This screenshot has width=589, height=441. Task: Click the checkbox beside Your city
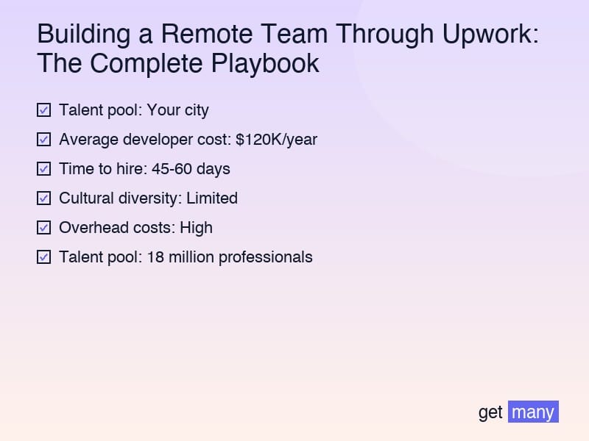pos(44,110)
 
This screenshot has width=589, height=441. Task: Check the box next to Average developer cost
pos(44,140)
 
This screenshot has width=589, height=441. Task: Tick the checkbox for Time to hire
pos(44,169)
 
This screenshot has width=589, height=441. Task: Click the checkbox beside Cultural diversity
pos(44,198)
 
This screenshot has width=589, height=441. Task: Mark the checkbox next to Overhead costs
pos(44,228)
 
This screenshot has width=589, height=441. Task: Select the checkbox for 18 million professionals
pos(44,257)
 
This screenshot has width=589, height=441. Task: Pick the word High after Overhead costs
pos(196,228)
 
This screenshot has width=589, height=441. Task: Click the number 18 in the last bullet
pos(155,257)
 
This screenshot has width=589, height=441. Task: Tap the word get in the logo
pos(490,412)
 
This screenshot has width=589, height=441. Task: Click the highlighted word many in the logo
pos(533,412)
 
